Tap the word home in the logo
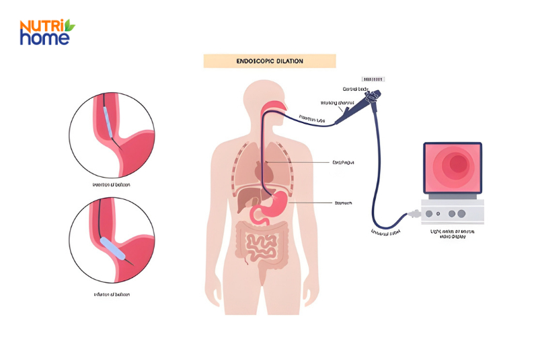(x=44, y=38)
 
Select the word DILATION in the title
(x=289, y=61)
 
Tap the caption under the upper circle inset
(x=112, y=184)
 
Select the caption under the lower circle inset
(x=112, y=295)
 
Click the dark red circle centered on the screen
(x=459, y=164)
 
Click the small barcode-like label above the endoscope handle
(x=373, y=79)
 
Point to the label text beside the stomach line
(x=344, y=203)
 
